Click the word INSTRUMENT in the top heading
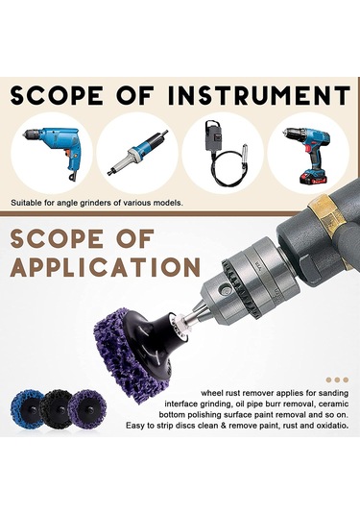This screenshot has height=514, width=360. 259,95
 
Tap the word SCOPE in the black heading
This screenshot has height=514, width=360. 57,95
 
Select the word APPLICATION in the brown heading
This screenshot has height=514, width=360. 106,267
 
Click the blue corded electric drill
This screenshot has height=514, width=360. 53,151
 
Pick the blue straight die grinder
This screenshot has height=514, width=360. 137,152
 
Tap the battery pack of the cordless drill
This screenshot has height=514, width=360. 313,178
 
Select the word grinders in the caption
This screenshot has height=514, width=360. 98,203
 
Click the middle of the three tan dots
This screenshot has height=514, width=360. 337,379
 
